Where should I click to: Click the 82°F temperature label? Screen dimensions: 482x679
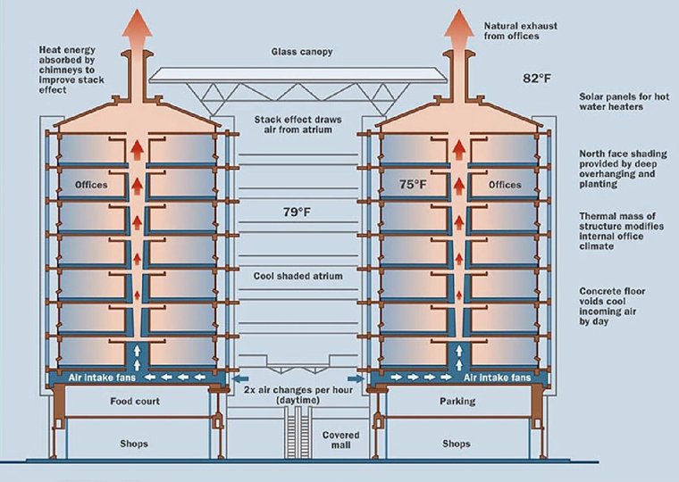(x=539, y=79)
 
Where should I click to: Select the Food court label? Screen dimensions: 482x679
(x=134, y=402)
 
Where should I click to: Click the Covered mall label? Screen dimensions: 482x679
(x=340, y=438)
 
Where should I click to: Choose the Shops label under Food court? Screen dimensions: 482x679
(x=134, y=444)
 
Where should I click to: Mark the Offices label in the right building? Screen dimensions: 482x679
(x=505, y=186)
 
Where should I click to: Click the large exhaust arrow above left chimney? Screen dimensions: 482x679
(x=138, y=27)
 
